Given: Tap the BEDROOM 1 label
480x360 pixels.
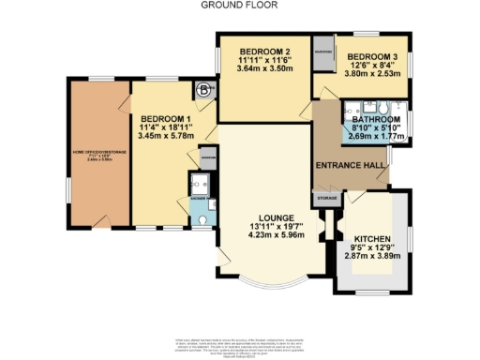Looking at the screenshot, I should (165, 119).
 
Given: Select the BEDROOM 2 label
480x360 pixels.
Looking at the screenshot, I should (262, 51).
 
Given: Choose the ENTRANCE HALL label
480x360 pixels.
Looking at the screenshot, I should (351, 165).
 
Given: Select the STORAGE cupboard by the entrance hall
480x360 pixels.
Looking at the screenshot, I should (326, 199).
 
